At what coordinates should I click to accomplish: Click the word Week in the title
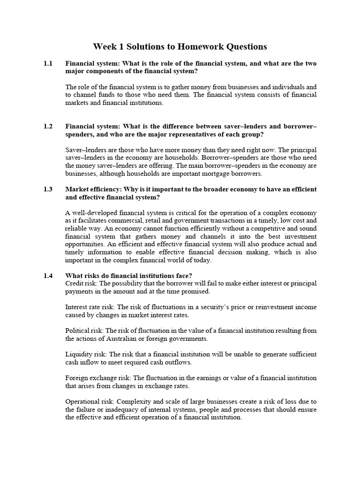(x=104, y=46)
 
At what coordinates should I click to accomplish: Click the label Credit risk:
(x=82, y=283)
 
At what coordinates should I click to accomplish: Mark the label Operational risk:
(x=90, y=401)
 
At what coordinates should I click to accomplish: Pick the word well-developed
(x=96, y=213)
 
